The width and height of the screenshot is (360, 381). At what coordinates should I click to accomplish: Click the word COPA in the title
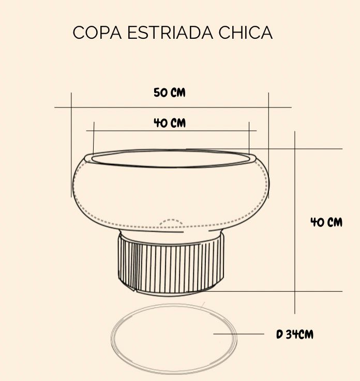(x=97, y=33)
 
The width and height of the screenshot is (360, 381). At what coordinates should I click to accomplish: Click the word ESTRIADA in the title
(x=170, y=33)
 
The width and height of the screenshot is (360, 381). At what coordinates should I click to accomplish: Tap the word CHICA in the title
(x=246, y=33)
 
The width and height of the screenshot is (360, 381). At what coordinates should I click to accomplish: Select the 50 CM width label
(x=170, y=93)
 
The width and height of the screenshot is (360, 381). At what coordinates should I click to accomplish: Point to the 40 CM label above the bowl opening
(x=170, y=123)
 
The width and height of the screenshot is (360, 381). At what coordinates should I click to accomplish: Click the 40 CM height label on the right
(x=326, y=222)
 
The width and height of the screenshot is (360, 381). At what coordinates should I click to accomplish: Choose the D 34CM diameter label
(x=295, y=334)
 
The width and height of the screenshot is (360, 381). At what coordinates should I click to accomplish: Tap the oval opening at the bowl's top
(x=171, y=159)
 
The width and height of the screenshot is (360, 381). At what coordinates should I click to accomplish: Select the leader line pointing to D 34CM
(x=238, y=334)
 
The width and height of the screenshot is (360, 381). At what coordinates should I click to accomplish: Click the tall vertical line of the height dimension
(x=295, y=222)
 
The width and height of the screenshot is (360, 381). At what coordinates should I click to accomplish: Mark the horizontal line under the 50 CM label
(x=173, y=107)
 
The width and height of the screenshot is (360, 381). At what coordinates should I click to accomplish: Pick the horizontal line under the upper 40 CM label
(x=171, y=131)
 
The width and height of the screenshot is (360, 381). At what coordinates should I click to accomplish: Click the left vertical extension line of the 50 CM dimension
(x=71, y=145)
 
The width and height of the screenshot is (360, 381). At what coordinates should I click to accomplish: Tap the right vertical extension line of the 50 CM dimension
(x=268, y=145)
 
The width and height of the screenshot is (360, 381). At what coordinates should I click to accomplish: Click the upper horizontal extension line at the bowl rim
(x=264, y=149)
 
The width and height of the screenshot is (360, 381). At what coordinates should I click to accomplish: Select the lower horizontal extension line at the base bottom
(x=264, y=291)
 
